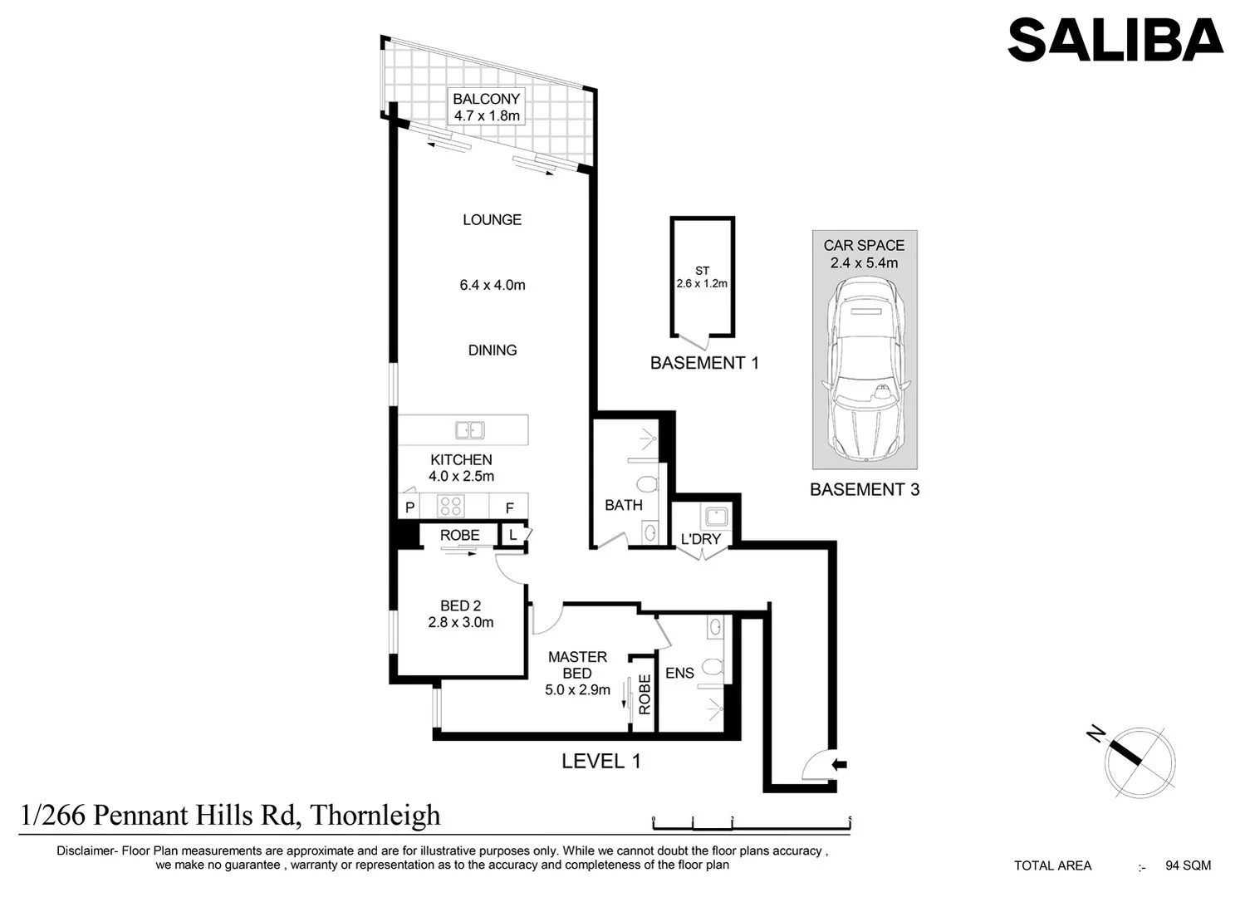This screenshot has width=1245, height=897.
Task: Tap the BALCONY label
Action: (487, 99)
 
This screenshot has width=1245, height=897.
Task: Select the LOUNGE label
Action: (492, 220)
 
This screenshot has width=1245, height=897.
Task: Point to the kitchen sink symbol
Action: (469, 430)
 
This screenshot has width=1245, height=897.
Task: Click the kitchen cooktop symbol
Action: (450, 506)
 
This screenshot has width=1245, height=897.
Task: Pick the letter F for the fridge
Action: (510, 508)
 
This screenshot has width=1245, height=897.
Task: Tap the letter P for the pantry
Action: (409, 507)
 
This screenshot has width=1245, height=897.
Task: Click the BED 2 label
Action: (460, 606)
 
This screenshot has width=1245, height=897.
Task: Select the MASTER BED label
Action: (577, 664)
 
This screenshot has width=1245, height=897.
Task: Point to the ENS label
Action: (679, 674)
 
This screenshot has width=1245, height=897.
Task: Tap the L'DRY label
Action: (700, 539)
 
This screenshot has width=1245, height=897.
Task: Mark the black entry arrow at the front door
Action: (839, 765)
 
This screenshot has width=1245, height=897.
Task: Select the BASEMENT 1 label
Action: (704, 363)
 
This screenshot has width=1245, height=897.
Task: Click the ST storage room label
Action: (702, 271)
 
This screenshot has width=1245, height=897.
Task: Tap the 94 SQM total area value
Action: (1188, 865)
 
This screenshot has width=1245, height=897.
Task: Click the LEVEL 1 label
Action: (600, 761)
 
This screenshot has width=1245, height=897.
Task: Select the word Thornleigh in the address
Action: (375, 816)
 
